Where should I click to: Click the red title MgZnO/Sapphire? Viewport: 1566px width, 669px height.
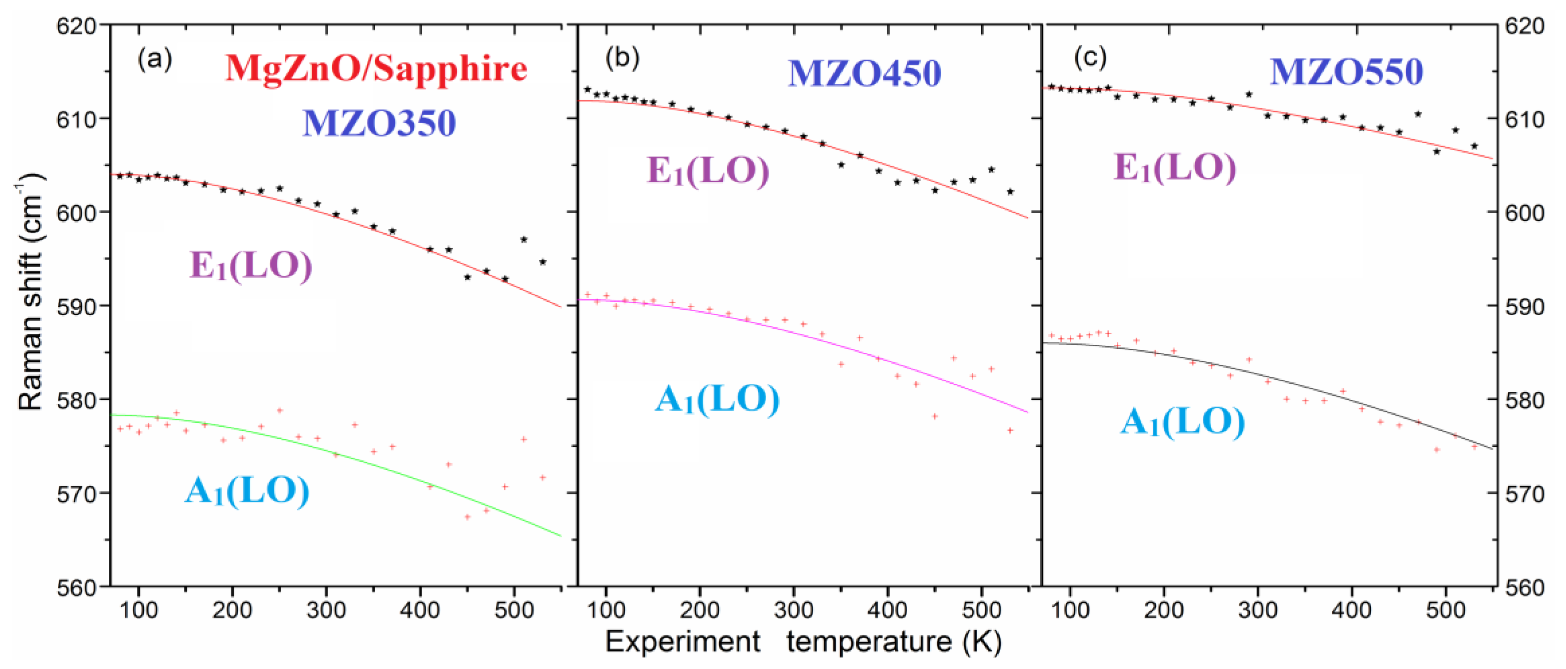click(x=376, y=69)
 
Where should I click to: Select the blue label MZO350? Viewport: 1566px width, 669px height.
click(x=379, y=123)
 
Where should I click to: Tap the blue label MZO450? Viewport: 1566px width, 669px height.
click(x=864, y=73)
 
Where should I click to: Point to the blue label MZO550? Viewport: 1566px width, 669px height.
click(x=1346, y=72)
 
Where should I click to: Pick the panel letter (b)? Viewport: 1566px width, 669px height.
click(x=622, y=58)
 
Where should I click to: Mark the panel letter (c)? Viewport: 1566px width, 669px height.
click(x=1090, y=58)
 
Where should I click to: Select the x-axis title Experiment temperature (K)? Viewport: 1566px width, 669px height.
click(x=802, y=642)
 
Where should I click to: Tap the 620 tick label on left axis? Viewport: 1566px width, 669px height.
click(x=76, y=26)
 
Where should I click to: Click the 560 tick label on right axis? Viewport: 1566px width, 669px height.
click(x=1524, y=588)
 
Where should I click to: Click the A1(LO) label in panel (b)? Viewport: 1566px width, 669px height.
click(x=717, y=400)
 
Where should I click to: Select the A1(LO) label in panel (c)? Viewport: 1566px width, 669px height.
click(x=1182, y=422)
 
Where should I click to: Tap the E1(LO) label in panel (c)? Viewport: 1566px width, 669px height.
click(x=1175, y=168)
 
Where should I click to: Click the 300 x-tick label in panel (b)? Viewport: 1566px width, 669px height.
click(x=794, y=609)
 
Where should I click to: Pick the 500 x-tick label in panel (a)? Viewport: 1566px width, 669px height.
click(x=514, y=609)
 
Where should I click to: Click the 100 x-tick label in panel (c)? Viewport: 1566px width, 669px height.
click(x=1070, y=609)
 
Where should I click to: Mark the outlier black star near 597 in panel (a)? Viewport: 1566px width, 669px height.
click(x=523, y=240)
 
